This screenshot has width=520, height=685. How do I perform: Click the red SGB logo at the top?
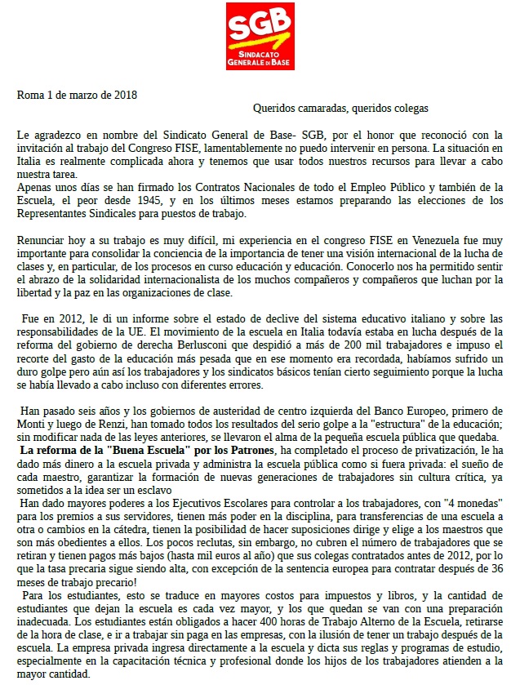tap(260, 37)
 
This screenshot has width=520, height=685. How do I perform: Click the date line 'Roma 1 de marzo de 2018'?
tap(78, 94)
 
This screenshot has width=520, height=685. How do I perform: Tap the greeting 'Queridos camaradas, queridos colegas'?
tap(340, 108)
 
